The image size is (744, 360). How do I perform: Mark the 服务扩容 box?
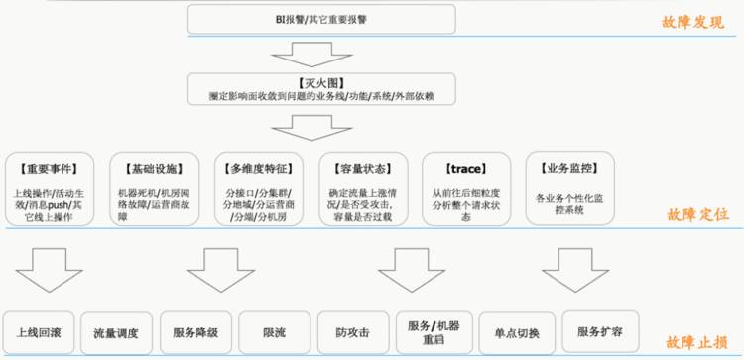[x=598, y=330]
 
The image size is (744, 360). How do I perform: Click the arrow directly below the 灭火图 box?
[x=320, y=128]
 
